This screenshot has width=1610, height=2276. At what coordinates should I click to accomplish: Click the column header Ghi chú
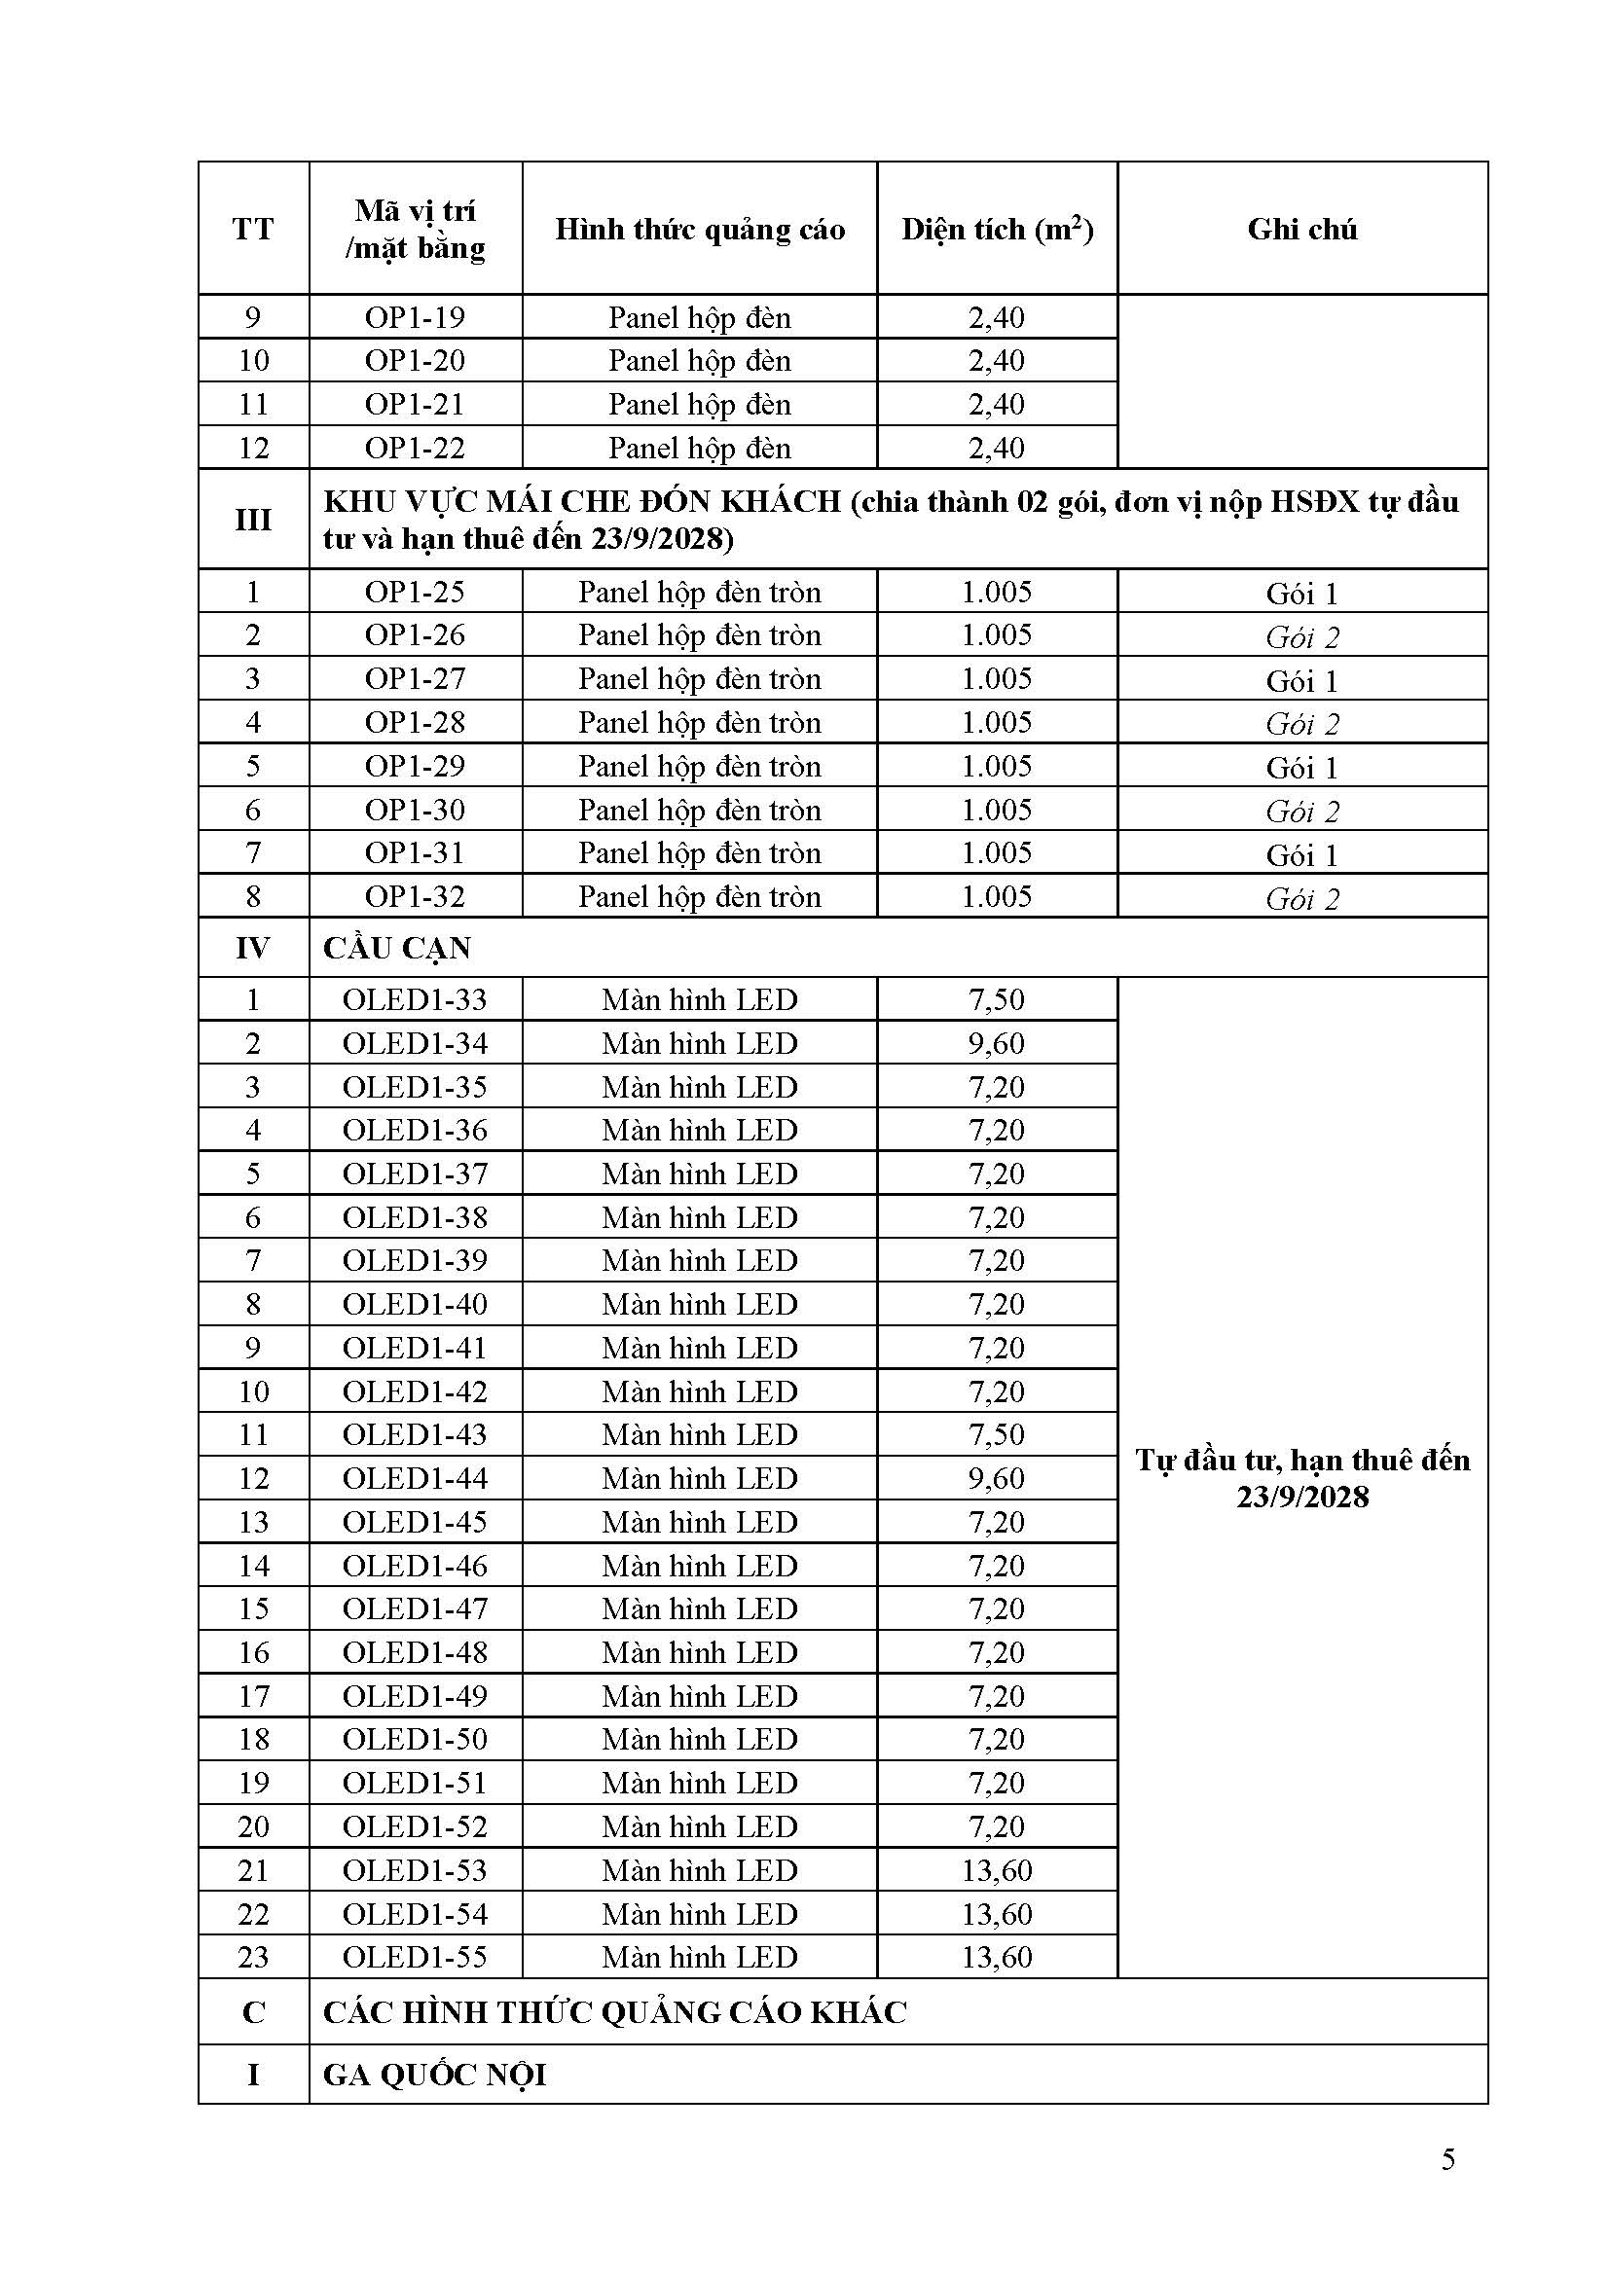(1301, 230)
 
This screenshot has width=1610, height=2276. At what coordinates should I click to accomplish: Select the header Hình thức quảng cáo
(699, 230)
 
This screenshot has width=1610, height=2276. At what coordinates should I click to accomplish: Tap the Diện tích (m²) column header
(997, 230)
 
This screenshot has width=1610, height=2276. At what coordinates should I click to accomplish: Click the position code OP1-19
(415, 318)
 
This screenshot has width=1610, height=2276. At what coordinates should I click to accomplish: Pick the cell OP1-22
(415, 448)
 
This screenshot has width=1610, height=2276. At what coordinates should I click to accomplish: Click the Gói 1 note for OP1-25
(1301, 594)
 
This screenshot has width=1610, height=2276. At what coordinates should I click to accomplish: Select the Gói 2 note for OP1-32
(1301, 899)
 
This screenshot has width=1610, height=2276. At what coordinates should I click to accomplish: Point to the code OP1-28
(415, 723)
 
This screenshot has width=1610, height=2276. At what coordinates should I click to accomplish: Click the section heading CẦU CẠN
(396, 949)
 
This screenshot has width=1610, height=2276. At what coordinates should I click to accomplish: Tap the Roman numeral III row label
(253, 520)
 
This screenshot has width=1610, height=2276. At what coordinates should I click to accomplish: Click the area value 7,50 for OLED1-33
(997, 999)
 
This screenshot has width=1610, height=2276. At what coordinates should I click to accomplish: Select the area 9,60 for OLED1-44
(997, 1478)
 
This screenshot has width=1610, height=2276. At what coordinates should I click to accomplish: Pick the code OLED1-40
(415, 1305)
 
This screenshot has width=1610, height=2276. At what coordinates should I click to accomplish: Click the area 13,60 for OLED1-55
(997, 1958)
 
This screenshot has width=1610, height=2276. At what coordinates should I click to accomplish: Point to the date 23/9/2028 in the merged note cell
(1301, 1496)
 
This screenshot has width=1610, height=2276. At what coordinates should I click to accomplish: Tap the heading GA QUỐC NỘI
(434, 2075)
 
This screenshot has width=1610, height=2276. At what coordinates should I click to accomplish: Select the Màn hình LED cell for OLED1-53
(699, 1870)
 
